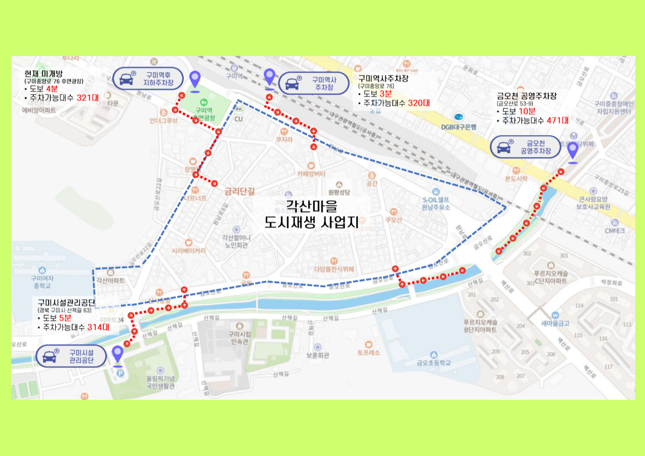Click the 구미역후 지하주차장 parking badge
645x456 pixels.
click(148, 78)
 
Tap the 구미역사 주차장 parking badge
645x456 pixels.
click(313, 83)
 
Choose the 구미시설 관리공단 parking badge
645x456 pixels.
click(71, 356)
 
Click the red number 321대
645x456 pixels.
click(88, 98)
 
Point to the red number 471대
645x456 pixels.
click(557, 121)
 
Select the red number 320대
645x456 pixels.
click(419, 103)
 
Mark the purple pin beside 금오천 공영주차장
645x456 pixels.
click(573, 151)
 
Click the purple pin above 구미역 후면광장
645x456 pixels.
click(195, 80)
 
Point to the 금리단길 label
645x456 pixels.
click(240, 191)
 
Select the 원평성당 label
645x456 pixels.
click(339, 192)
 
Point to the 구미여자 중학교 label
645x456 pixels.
click(42, 282)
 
